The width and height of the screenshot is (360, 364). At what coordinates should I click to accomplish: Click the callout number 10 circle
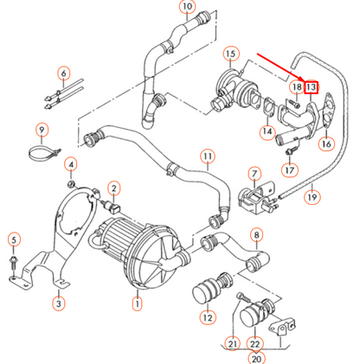tap(188, 9)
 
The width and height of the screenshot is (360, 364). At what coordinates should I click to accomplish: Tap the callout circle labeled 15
tap(229, 55)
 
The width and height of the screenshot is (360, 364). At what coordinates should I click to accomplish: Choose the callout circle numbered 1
tap(136, 303)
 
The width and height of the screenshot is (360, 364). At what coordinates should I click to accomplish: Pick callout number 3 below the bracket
tap(58, 303)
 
